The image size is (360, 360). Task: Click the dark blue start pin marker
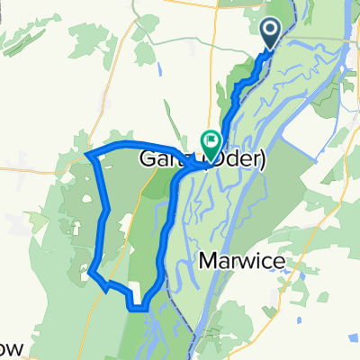[273, 34]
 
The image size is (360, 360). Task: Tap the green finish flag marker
[211, 141]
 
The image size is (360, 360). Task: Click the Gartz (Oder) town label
[202, 161]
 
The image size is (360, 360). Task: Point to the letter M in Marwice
[203, 261]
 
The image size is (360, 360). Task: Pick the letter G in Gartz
[148, 161]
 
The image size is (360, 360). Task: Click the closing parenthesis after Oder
[264, 161]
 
